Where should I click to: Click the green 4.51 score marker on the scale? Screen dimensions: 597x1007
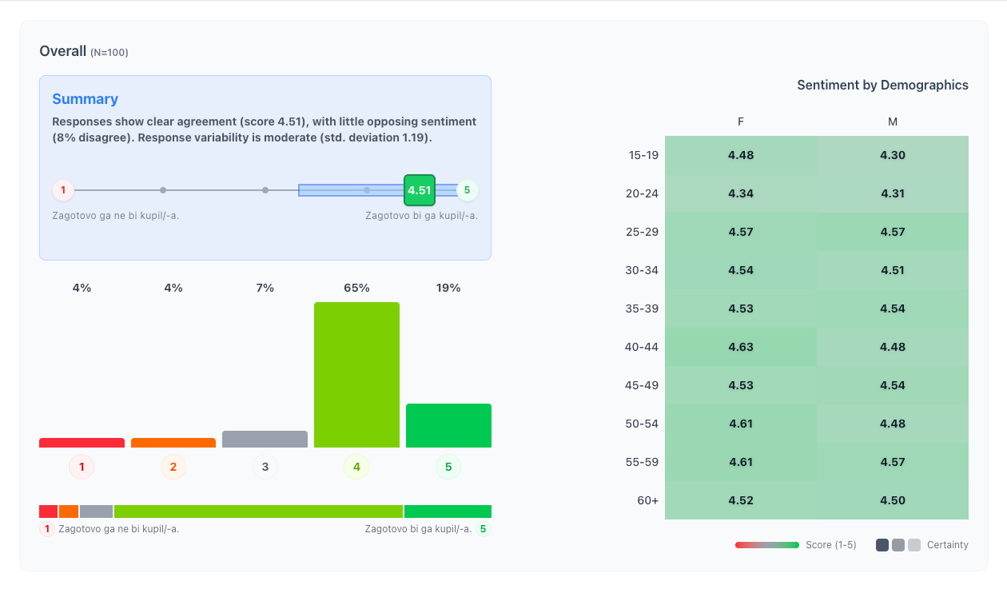[420, 190]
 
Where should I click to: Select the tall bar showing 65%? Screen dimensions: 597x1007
[356, 375]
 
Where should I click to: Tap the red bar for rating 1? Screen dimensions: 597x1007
[82, 443]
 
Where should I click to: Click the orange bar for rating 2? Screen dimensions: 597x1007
[173, 443]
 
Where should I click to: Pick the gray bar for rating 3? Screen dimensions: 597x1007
[265, 440]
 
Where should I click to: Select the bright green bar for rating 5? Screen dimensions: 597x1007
[448, 425]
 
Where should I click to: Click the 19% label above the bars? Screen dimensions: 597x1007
[448, 288]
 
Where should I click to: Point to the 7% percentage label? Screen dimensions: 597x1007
[265, 288]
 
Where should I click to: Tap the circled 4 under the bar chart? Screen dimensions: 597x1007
[356, 467]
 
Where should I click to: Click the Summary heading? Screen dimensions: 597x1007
[85, 99]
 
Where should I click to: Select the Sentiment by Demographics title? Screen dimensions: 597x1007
[882, 85]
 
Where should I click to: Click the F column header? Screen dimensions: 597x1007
[741, 121]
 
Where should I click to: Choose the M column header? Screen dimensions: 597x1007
[893, 121]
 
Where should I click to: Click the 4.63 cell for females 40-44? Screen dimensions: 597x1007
[741, 347]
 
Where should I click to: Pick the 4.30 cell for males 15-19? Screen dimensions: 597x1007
[893, 155]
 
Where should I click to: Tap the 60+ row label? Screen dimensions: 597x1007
[647, 500]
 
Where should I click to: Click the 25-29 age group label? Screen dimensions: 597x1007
[643, 232]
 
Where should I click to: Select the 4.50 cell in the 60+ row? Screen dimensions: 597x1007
[893, 500]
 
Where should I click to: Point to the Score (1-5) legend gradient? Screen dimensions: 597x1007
[767, 545]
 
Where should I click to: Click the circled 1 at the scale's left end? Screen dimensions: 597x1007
[63, 190]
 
